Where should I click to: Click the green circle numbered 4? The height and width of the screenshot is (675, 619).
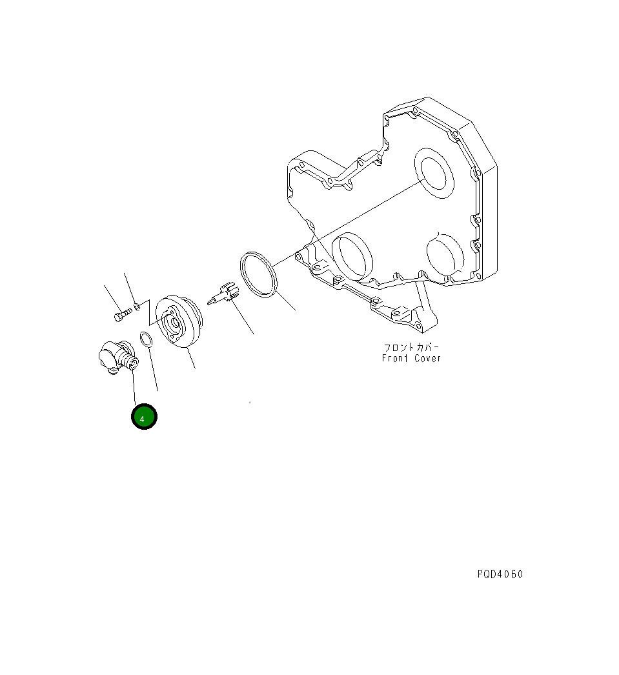click(x=144, y=417)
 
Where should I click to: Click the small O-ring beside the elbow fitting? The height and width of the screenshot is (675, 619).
click(x=146, y=340)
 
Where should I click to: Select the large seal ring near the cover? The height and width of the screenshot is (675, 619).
click(x=258, y=275)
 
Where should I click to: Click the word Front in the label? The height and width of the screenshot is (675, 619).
click(x=396, y=358)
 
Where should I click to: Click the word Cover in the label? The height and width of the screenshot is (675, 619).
click(x=428, y=358)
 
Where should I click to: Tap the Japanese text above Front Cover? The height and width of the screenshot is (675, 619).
click(x=411, y=348)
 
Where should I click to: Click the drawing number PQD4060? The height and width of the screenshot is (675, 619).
click(x=500, y=574)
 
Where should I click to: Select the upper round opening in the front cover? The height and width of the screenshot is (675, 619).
click(x=433, y=174)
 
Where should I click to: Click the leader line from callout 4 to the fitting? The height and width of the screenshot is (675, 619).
click(x=135, y=387)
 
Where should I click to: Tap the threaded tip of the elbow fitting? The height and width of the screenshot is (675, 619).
click(x=132, y=365)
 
